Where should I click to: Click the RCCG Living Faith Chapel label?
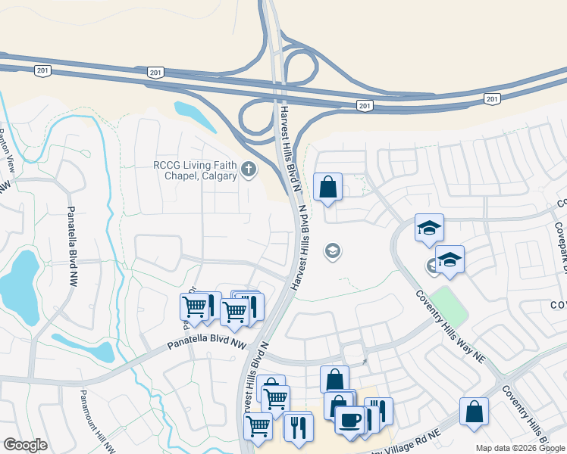[194, 170]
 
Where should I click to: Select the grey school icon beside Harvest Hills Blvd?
[331, 250]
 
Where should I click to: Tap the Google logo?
[25, 445]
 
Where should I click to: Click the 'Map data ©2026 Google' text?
[519, 448]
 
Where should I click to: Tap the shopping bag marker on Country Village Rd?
[474, 412]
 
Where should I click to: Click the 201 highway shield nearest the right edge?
[493, 99]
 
